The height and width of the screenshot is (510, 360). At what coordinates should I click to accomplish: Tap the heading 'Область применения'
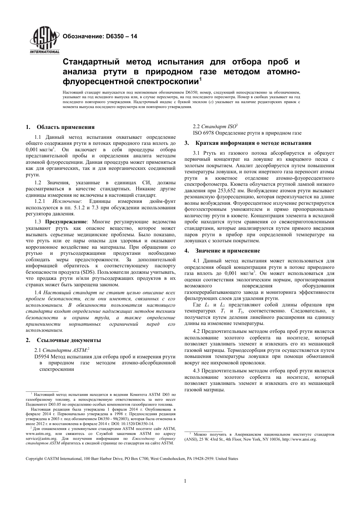pos(65,127)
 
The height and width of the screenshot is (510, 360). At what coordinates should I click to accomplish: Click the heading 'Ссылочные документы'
pos(68,340)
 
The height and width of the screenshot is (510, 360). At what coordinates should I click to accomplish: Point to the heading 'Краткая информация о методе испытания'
pos(253,143)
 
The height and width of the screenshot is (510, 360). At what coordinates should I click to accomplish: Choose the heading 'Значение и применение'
pos(227,251)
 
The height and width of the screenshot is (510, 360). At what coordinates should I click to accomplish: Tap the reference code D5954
pos(41,356)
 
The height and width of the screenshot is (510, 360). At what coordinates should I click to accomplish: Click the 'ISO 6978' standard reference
pos(203,133)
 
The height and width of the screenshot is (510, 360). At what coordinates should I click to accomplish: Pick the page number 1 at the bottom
pos(185,481)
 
